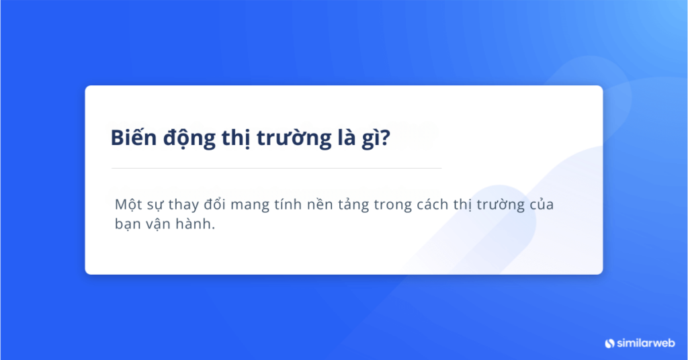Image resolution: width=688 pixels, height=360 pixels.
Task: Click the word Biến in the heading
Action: [x=134, y=137]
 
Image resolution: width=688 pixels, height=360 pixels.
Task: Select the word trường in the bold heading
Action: [x=294, y=138]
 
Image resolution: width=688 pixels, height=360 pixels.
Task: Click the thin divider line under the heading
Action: [x=276, y=168]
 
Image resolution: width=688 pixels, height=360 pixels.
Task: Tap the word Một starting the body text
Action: [x=126, y=206]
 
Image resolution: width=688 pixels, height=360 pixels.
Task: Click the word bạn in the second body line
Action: [x=128, y=224]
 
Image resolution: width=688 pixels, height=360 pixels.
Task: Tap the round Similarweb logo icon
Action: [x=610, y=343]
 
